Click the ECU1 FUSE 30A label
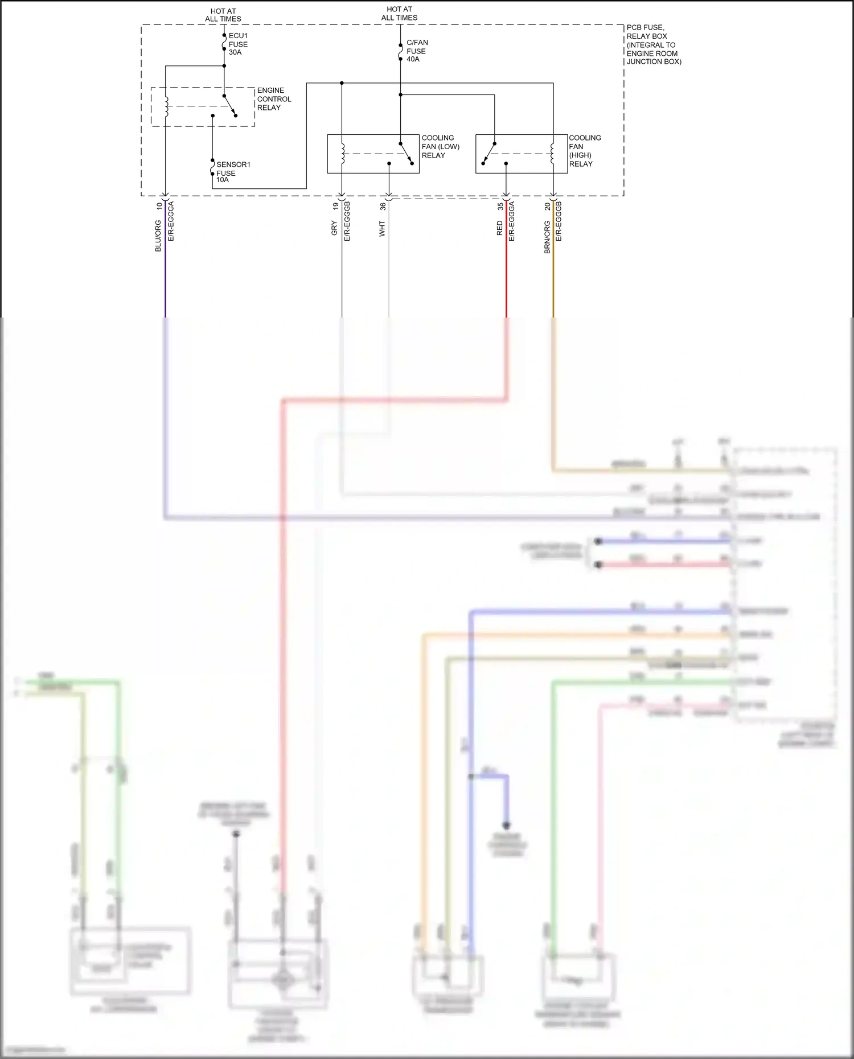point(238,44)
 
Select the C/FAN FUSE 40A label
point(417,51)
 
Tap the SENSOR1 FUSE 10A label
point(232,172)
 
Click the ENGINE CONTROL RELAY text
point(274,99)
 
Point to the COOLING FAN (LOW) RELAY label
point(440,146)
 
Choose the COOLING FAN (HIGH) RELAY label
point(585,151)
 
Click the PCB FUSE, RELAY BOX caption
point(653,44)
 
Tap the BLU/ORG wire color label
point(158,236)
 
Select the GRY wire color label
point(334,229)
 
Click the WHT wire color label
point(382,229)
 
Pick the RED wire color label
point(499,229)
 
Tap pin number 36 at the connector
point(383,206)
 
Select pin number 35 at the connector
point(500,206)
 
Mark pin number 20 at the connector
point(547,206)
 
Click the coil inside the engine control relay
point(166,106)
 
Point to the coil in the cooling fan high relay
point(552,154)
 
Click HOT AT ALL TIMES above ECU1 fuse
point(223,15)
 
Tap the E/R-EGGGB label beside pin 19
point(347,221)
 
